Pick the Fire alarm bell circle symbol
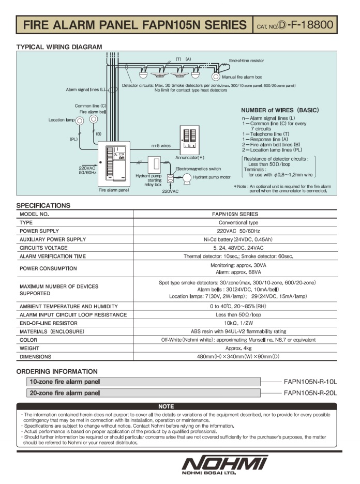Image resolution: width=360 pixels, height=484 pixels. pos(94,119)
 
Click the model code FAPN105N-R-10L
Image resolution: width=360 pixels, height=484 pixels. pos(310,382)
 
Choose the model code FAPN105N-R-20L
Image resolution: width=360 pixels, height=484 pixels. pos(310,393)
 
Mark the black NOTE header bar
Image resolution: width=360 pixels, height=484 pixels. pos(166,406)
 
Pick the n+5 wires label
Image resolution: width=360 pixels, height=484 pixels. pos(161,145)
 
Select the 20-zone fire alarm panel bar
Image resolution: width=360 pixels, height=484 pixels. pos(143,393)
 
